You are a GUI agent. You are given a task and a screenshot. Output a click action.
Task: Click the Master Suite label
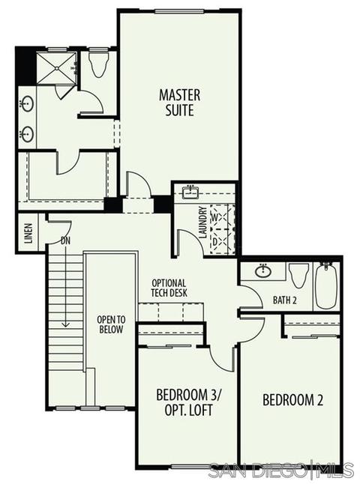pos(179,103)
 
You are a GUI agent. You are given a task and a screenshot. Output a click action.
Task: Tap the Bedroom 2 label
pos(292,400)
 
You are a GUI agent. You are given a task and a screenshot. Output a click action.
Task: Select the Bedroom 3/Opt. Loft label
pos(189,402)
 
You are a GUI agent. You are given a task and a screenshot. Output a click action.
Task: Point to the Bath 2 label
pos(284,300)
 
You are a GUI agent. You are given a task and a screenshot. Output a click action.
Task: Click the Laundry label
pos(203,223)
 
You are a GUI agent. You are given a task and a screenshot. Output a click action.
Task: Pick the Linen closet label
pos(28,233)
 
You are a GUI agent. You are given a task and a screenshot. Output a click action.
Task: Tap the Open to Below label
pos(111,324)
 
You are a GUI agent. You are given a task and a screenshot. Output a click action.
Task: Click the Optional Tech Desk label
pos(169,288)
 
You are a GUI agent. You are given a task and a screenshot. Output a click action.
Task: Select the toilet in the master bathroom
pos(99,64)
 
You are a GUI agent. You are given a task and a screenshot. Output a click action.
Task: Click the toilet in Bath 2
pos(298,275)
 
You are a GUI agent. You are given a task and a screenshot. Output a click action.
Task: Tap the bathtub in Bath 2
pos(325,285)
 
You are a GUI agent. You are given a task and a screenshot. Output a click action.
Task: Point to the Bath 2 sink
pos(263,271)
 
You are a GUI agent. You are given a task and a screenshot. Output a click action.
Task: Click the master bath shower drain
pos(57,68)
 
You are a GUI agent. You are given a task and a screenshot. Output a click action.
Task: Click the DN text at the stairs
pos(65,241)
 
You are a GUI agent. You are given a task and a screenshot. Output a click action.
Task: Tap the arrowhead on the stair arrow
pos(65,324)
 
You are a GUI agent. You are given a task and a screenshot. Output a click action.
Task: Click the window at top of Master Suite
pos(179,12)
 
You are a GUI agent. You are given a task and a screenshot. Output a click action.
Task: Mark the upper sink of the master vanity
pos(28,104)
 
